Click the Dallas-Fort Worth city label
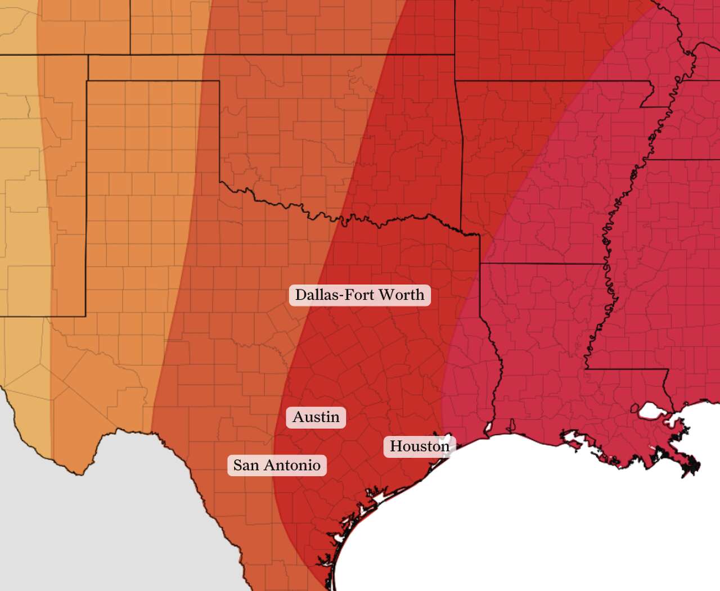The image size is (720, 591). pyautogui.click(x=359, y=295)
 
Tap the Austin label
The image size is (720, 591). pyautogui.click(x=316, y=417)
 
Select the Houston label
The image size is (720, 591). pyautogui.click(x=420, y=446)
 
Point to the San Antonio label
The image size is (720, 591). pyautogui.click(x=277, y=466)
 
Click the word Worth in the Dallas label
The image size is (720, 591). pyautogui.click(x=401, y=295)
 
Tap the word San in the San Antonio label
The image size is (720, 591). pyautogui.click(x=246, y=466)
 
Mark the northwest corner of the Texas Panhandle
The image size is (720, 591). pyautogui.click(x=87, y=81)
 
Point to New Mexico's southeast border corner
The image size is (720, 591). pyautogui.click(x=85, y=316)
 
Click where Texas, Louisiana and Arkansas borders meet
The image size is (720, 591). pyautogui.click(x=480, y=263)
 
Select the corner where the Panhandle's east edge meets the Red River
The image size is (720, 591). pyautogui.click(x=219, y=182)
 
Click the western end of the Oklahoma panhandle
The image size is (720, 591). pyautogui.click(x=88, y=55)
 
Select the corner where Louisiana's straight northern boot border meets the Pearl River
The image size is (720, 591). pyautogui.click(x=668, y=369)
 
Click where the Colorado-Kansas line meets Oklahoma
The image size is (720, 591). pyautogui.click(x=130, y=55)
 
